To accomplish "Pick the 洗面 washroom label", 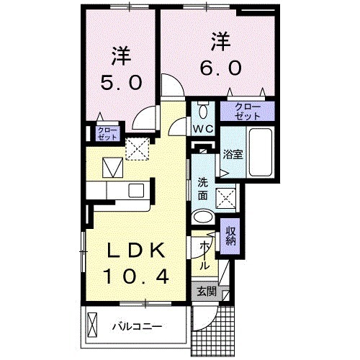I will (x=202, y=189).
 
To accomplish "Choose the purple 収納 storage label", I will (x=231, y=235).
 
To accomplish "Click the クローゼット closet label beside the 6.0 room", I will (x=247, y=110).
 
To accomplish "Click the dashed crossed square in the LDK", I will (x=136, y=148).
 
